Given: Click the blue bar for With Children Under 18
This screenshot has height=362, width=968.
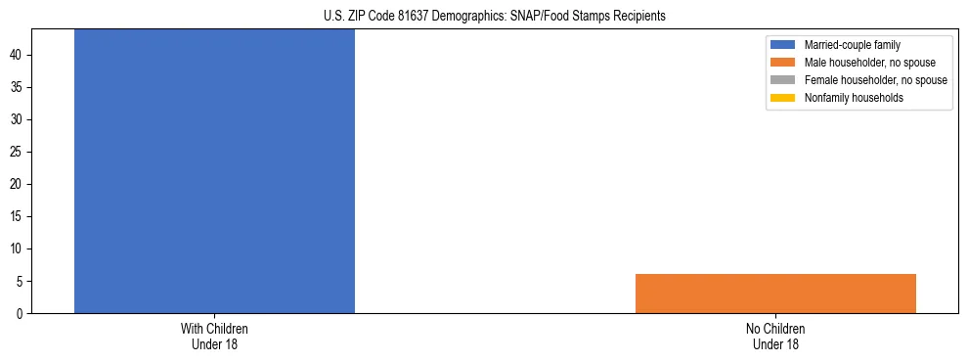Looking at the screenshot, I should tap(214, 171).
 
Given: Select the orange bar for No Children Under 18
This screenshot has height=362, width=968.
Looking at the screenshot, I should tap(775, 294).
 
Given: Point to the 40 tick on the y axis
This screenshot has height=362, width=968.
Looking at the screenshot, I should tap(20, 55).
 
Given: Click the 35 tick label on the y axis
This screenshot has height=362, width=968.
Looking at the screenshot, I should tap(20, 87).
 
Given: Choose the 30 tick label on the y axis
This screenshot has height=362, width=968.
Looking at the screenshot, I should tap(20, 119).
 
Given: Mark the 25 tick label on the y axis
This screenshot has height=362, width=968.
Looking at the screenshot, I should tap(20, 152).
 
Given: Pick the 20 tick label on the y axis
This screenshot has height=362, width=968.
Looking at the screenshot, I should tap(20, 184).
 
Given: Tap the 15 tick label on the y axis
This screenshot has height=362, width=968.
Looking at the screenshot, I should tap(20, 216).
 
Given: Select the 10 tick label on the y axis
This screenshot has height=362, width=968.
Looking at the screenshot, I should tap(20, 249).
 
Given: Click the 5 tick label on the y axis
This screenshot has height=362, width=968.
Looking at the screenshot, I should tap(22, 281).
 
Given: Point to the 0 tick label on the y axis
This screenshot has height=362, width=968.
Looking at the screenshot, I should tap(22, 313).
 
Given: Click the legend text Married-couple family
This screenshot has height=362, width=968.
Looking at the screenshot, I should tap(852, 45).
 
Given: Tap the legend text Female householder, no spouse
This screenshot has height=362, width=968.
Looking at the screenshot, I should tap(875, 80).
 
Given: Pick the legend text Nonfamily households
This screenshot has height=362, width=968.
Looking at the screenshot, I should tap(854, 98).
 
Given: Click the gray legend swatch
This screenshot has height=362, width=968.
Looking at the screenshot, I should tap(783, 80).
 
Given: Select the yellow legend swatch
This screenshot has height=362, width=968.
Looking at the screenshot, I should tap(783, 98).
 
